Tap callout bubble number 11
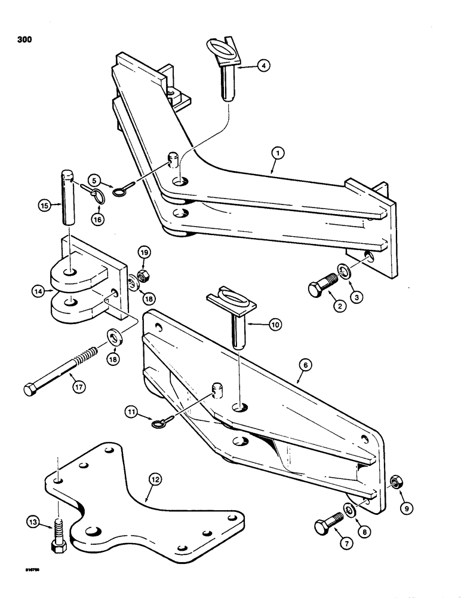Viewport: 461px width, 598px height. (x=131, y=411)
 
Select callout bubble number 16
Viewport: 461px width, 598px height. (x=99, y=219)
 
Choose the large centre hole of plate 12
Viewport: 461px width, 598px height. (x=96, y=531)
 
